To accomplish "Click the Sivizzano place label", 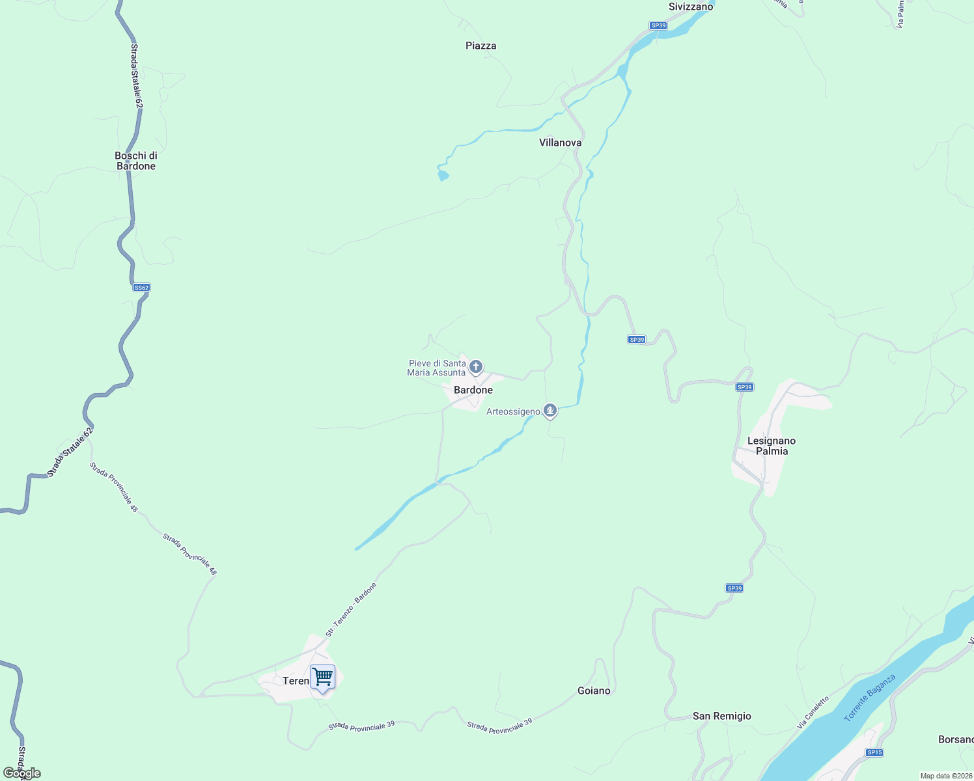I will click(x=691, y=7).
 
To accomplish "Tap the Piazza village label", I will click(x=481, y=46).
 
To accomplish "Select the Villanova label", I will click(x=560, y=143).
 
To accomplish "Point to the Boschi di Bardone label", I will click(x=136, y=161).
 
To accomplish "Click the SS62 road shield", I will click(x=141, y=288).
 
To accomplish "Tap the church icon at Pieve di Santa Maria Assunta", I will click(x=476, y=367).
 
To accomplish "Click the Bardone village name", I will click(x=473, y=390).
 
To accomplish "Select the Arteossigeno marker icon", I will click(x=550, y=411).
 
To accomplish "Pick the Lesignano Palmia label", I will click(x=772, y=446).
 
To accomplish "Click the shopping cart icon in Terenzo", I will click(x=323, y=678).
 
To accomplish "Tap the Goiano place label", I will click(x=594, y=691).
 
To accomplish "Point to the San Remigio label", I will click(x=721, y=716).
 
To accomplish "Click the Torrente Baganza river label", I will click(x=870, y=698).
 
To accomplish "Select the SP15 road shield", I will click(x=874, y=752).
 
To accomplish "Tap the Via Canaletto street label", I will click(x=813, y=713).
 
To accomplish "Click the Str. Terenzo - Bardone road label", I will click(x=351, y=609).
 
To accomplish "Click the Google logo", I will click(x=22, y=773).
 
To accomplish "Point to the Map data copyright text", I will click(x=946, y=776).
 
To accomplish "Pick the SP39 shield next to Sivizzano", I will click(x=658, y=25).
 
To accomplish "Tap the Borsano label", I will click(x=956, y=739).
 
